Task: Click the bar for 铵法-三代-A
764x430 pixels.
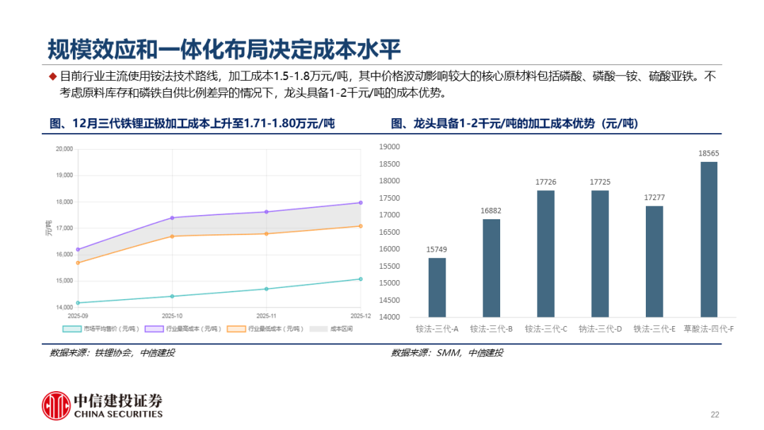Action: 437,287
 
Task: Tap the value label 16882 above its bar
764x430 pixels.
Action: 492,210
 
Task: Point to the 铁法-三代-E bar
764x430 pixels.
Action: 654,261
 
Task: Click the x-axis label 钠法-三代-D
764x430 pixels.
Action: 600,329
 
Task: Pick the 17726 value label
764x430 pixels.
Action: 545,182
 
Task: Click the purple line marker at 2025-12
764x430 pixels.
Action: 361,203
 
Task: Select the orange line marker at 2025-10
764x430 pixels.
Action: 173,236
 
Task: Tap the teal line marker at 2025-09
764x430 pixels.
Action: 78,303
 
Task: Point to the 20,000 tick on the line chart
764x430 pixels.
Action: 64,149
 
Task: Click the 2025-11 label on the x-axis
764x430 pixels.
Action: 266,316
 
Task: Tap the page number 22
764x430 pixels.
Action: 714,414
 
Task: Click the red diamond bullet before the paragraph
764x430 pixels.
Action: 52,76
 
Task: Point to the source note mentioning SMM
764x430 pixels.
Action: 447,353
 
